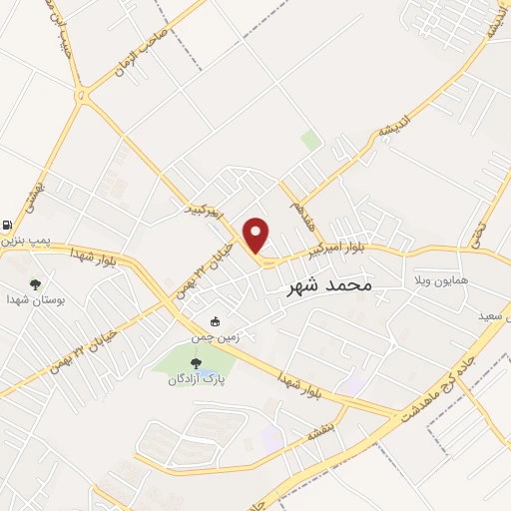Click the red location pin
tap(256, 235)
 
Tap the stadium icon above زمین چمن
tap(215, 321)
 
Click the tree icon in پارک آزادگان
tap(196, 363)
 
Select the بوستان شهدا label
tap(28, 298)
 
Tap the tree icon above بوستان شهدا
tap(35, 283)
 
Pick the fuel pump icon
tap(8, 225)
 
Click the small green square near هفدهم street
tap(312, 141)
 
